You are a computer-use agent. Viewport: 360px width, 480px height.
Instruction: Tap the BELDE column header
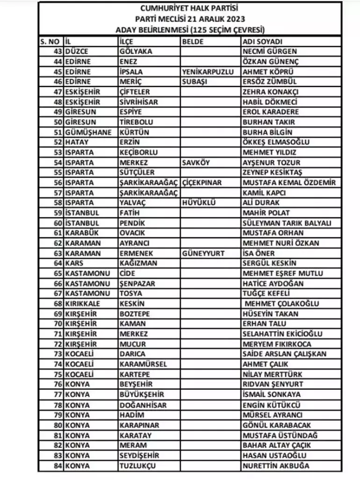[x=193, y=41]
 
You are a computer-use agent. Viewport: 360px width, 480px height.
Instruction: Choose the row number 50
[x=58, y=122]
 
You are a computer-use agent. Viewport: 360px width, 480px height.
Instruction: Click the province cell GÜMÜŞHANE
[x=88, y=132]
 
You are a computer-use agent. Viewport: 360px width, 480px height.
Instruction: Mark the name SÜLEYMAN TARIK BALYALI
[x=287, y=223]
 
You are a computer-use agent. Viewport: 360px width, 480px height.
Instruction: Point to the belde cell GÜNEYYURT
[x=203, y=253]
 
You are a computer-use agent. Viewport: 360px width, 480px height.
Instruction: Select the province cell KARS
[x=74, y=263]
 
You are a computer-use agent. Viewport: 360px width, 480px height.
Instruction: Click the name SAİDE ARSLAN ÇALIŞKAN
[x=284, y=354]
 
